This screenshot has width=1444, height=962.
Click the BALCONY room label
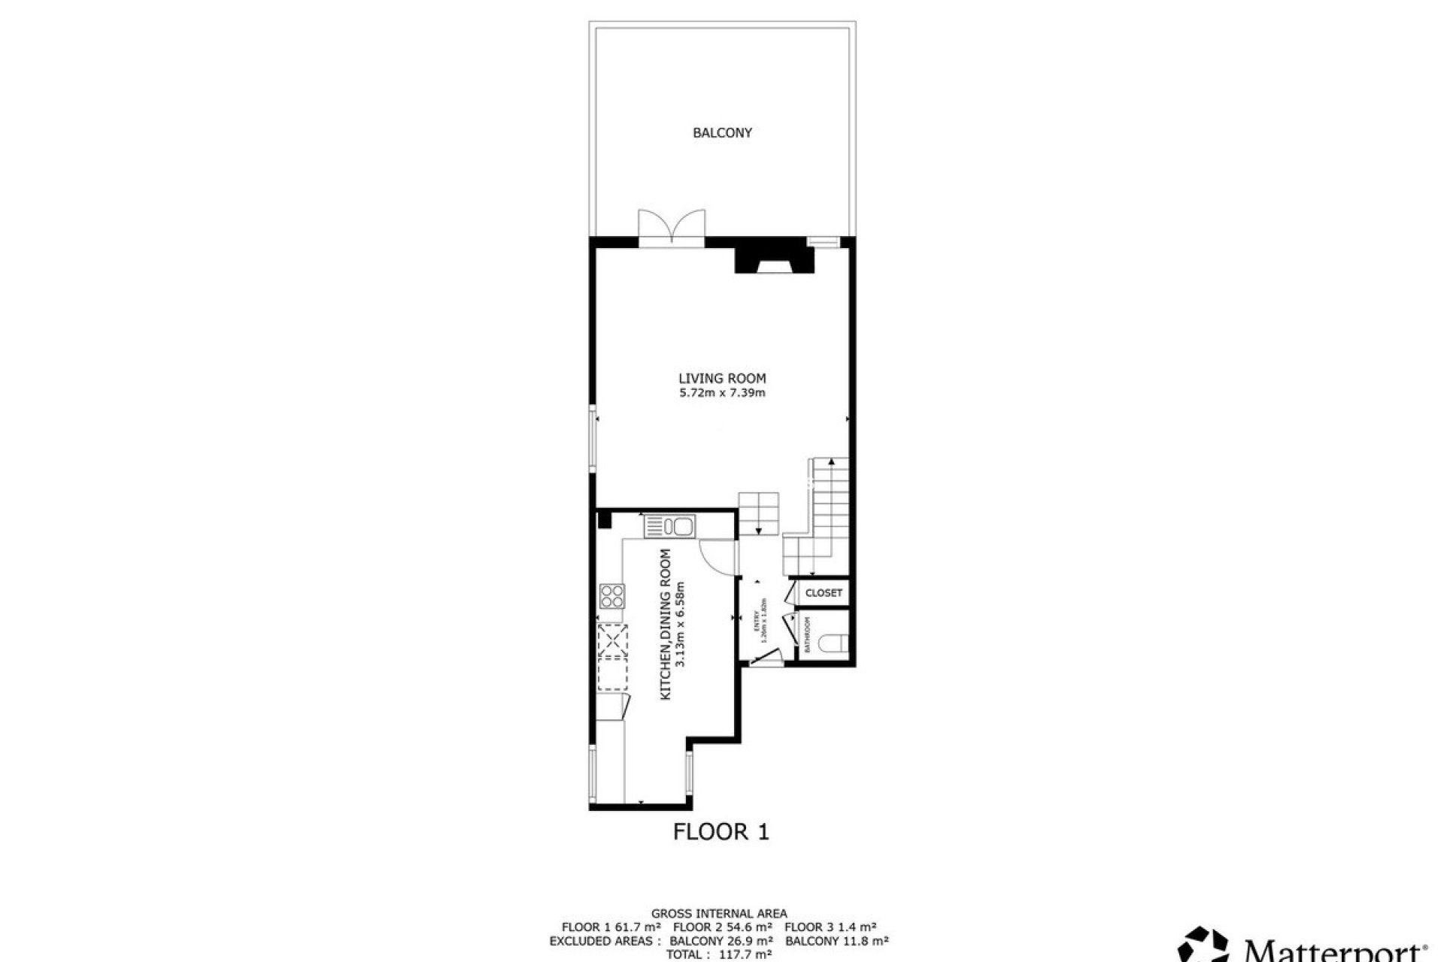coord(722,133)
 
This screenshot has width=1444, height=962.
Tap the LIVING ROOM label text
coord(722,379)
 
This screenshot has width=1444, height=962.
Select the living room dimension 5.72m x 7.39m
coord(722,393)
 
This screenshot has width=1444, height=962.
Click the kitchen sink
coord(670,526)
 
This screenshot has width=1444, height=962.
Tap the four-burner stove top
coord(612,596)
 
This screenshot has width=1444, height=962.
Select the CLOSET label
coord(824,593)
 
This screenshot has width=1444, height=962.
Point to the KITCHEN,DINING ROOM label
coord(666,625)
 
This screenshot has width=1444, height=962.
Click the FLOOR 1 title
coord(721,832)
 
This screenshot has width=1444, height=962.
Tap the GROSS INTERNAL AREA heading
coord(719,914)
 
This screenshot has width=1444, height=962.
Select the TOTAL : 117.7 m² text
coord(719,954)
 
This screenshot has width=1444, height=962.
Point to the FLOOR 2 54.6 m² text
coord(721,927)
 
